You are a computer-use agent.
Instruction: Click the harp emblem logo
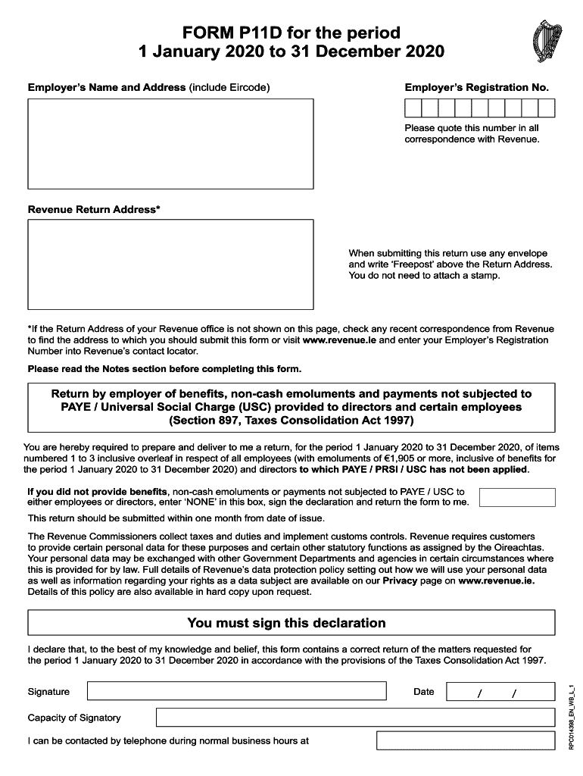[548, 39]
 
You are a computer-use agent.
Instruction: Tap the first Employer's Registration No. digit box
[413, 108]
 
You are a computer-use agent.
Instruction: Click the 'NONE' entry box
[517, 497]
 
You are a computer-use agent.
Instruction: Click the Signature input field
[236, 691]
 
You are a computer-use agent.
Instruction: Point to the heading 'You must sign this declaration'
[286, 623]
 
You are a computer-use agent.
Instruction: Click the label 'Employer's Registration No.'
[476, 87]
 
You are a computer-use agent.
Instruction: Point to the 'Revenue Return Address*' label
[94, 209]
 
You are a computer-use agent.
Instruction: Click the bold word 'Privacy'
[400, 580]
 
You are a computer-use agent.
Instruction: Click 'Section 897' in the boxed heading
[207, 420]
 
